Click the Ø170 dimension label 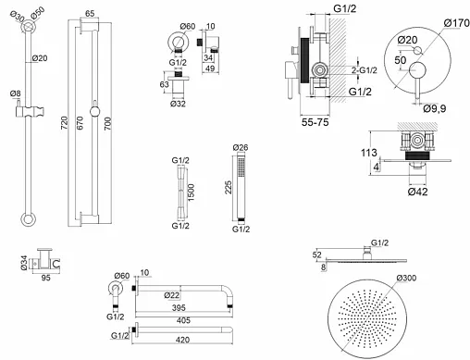(x=457, y=23)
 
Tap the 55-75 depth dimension (x=315, y=122)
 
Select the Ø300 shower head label (x=406, y=278)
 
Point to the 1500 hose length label (x=191, y=192)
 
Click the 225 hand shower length (x=228, y=187)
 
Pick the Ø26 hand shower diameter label (x=241, y=147)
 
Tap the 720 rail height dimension (x=64, y=123)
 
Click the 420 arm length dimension (x=182, y=340)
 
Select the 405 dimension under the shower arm (x=183, y=320)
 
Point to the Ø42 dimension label (x=417, y=192)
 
